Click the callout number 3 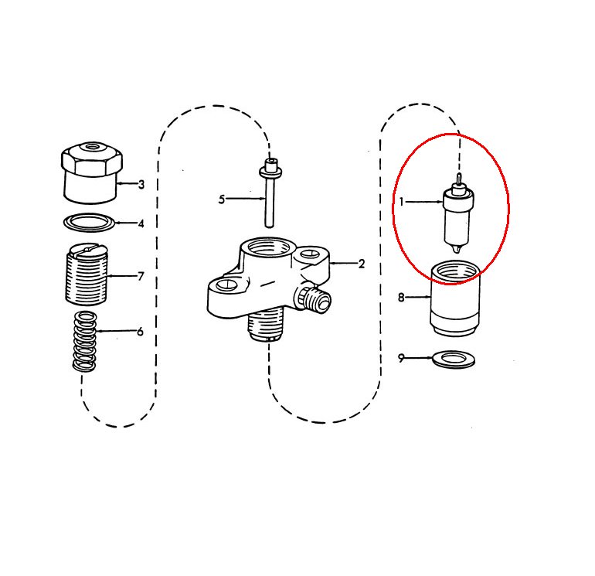(141, 185)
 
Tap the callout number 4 (141, 223)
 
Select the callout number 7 (141, 276)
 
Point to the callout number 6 (141, 332)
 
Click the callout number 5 (222, 199)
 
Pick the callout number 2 (362, 264)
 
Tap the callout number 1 (402, 202)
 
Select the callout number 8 (401, 297)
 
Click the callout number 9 (401, 358)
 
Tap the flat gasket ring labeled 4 (89, 222)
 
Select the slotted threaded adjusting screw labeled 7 (87, 274)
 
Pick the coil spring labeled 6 (84, 341)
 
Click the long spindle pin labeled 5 (270, 193)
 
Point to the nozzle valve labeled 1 (458, 213)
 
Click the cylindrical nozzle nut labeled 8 (454, 298)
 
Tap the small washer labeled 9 (454, 360)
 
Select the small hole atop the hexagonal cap (91, 146)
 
